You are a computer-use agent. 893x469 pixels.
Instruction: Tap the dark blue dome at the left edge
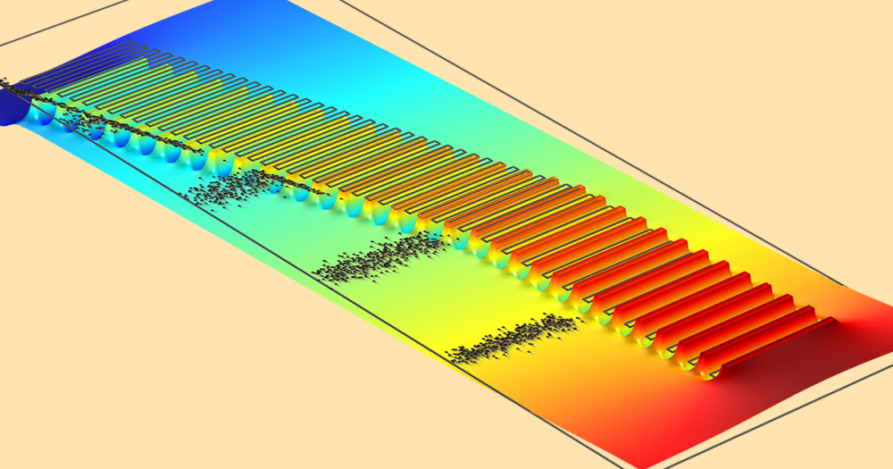[x=13, y=112]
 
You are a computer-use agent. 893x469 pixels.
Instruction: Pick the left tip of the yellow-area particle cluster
[x=449, y=356]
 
